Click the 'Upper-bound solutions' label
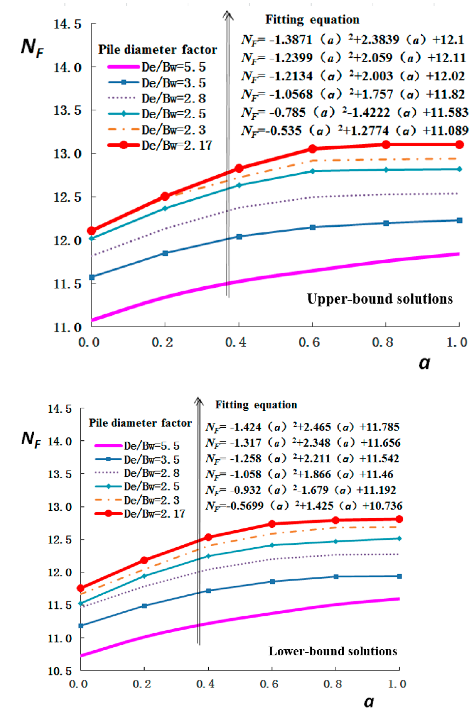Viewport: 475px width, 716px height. coord(380,299)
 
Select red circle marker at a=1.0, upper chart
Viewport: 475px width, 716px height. coord(459,145)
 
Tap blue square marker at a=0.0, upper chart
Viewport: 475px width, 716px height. coord(92,277)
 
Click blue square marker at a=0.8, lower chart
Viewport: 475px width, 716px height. coord(336,577)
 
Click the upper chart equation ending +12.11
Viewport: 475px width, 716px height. coord(353,58)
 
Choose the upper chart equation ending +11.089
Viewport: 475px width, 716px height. coord(354,131)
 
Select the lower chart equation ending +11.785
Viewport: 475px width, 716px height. coord(302,427)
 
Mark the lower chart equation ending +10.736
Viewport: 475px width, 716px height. coord(303,506)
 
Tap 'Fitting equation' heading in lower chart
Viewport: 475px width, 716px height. coord(256,405)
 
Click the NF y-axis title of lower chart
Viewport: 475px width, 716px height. coord(31,439)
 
